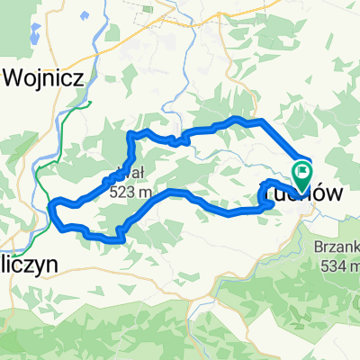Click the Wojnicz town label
[x=44, y=76]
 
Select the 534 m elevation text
[x=338, y=265]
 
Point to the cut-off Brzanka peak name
[x=339, y=247]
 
